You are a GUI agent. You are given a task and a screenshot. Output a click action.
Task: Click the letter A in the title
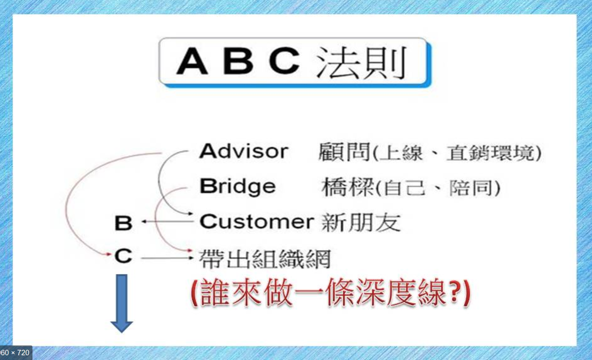[192, 61]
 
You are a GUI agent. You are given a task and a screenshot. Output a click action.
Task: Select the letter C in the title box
[285, 61]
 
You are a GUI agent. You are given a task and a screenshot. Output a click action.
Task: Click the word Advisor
[244, 151]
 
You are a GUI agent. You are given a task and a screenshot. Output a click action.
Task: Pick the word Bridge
[238, 187]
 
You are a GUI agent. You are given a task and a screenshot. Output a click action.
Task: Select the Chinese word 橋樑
[348, 187]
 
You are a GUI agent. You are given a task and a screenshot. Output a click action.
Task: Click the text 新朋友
[361, 223]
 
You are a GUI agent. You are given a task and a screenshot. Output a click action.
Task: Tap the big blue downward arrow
[122, 304]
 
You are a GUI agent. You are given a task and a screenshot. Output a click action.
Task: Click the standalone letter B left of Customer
[124, 223]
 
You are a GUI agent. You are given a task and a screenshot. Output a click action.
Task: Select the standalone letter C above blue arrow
[124, 256]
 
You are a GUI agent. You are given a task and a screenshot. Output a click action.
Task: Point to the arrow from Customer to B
[168, 221]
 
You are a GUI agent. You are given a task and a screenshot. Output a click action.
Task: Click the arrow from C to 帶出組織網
[167, 258]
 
